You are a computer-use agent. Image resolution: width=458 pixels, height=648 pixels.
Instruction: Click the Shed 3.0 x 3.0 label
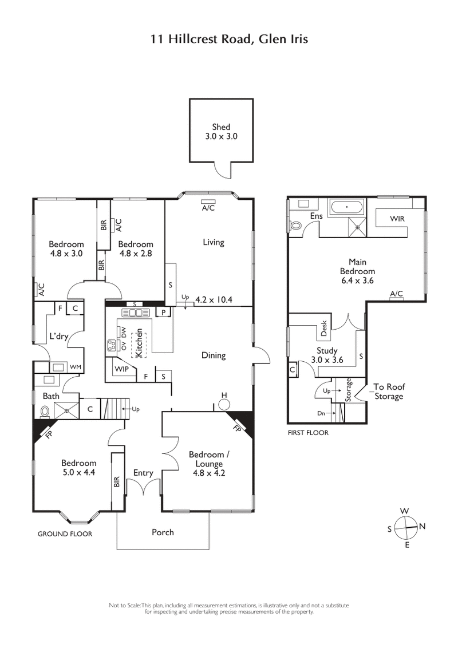221,132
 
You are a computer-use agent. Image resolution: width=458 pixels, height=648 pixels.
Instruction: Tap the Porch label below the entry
163,532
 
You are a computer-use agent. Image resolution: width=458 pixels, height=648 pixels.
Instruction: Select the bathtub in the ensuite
346,208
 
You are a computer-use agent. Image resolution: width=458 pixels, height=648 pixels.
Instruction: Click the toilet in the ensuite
297,226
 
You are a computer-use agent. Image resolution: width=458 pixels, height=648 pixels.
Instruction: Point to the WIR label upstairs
398,219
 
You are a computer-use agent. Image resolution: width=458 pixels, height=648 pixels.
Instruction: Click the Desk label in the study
323,328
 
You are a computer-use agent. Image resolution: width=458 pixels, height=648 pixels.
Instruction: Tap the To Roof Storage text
389,392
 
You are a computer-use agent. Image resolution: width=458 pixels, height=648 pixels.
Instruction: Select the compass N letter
423,526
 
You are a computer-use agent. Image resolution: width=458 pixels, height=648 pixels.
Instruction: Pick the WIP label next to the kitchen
121,369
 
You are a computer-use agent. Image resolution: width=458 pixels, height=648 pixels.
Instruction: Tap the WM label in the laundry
75,366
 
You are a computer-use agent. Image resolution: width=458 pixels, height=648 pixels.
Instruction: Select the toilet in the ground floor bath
45,410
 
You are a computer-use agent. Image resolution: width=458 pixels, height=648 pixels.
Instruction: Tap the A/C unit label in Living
208,208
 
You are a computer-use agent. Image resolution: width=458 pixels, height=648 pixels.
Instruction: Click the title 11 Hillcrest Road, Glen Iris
229,39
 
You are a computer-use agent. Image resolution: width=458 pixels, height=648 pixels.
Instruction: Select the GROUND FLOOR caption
65,534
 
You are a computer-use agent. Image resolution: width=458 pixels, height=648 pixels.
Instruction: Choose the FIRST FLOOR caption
308,433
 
